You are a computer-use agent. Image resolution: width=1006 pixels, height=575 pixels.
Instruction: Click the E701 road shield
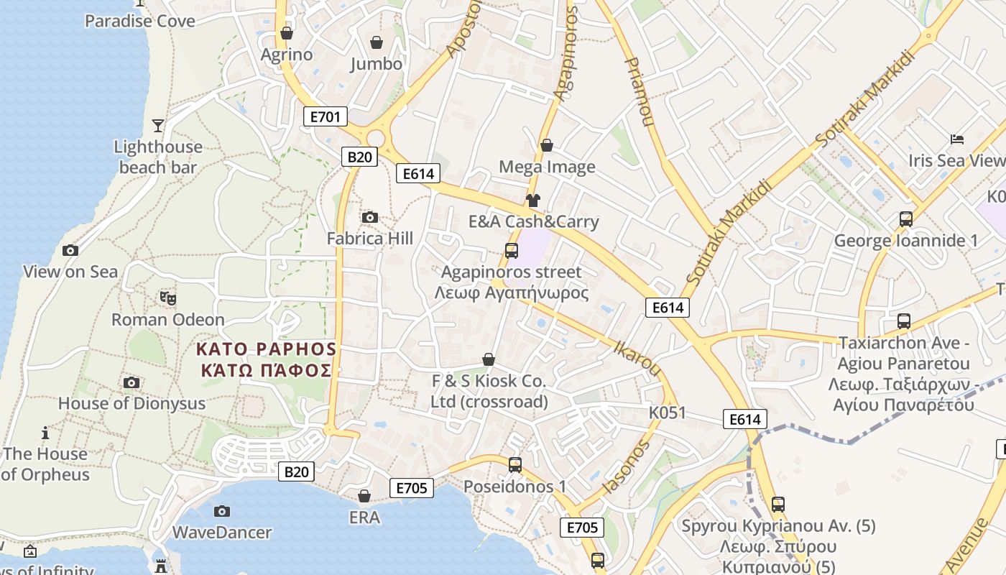(x=325, y=116)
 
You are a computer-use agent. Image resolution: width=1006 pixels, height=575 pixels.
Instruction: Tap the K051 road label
(x=668, y=413)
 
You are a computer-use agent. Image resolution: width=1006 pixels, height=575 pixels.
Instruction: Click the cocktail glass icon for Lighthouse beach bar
(x=158, y=126)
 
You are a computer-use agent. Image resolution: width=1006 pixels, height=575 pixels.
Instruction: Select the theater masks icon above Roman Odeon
(x=167, y=298)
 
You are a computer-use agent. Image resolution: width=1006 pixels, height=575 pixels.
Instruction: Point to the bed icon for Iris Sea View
(x=956, y=139)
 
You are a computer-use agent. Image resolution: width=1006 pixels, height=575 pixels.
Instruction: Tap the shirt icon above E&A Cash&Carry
(x=532, y=200)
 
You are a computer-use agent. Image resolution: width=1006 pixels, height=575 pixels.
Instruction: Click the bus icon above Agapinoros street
(x=512, y=251)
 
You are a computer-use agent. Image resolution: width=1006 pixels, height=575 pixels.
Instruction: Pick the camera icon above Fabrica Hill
(x=370, y=217)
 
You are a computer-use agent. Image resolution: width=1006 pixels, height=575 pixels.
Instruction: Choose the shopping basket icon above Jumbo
(x=376, y=43)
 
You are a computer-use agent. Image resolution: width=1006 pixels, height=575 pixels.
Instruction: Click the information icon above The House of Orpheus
(x=45, y=433)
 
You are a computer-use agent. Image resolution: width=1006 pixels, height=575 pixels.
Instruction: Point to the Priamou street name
(x=639, y=92)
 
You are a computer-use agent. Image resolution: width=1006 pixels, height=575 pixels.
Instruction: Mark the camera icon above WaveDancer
(x=222, y=511)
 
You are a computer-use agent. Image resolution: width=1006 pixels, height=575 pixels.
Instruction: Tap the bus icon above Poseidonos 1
(x=515, y=465)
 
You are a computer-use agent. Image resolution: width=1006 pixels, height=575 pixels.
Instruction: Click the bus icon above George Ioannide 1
(x=906, y=219)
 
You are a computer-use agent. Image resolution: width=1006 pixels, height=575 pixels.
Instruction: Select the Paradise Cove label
(x=140, y=21)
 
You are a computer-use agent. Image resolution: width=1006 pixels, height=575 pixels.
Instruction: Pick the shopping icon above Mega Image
(x=547, y=146)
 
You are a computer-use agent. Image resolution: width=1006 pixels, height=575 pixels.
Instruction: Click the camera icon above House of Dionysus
(x=131, y=382)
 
